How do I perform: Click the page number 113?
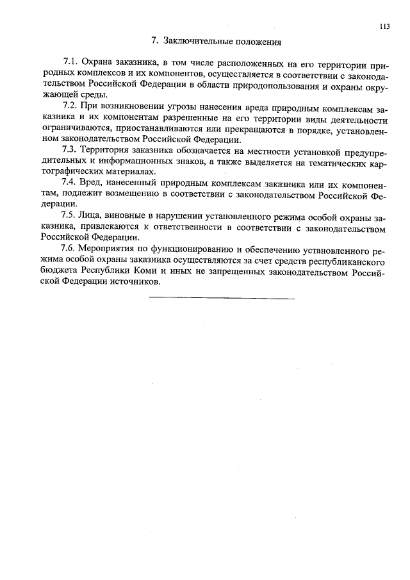[384, 26]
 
